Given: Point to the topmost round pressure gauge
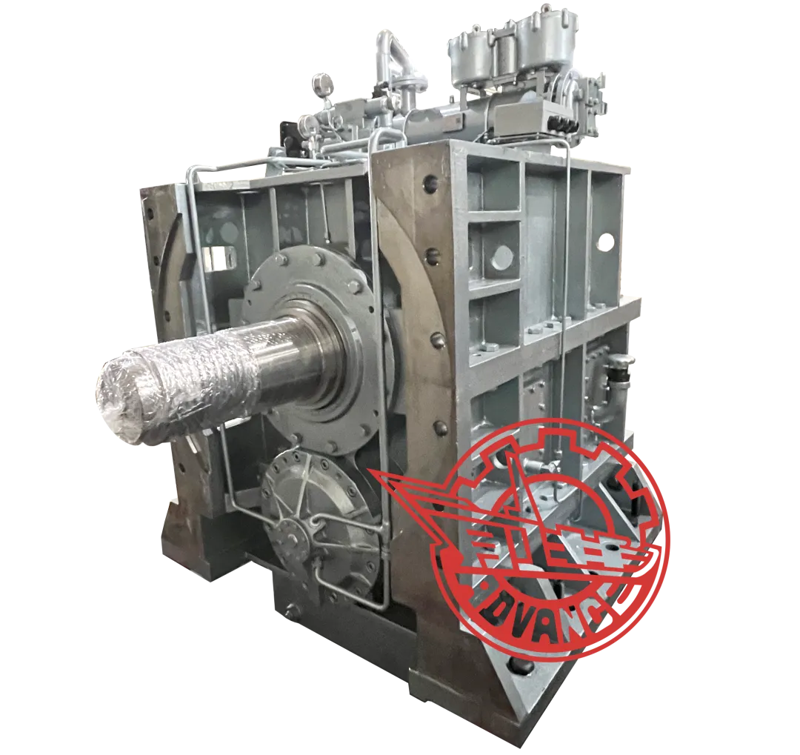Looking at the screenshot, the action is coord(321,81).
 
